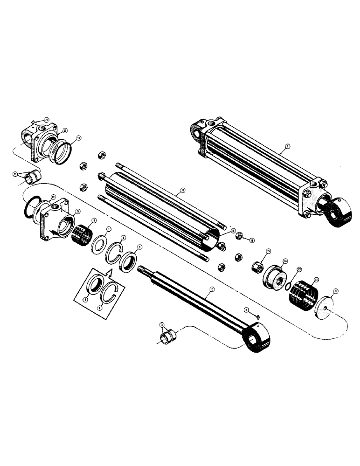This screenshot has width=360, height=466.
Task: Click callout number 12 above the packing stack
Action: pyautogui.click(x=316, y=280)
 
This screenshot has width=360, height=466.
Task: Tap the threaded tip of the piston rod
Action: pyautogui.click(x=141, y=268)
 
